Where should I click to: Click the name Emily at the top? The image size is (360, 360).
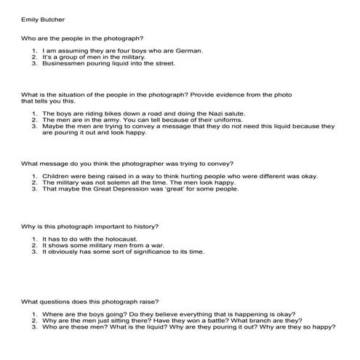pos(29,15)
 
